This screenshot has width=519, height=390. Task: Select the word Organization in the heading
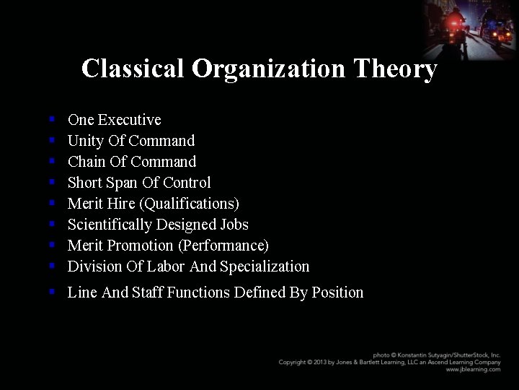(269, 69)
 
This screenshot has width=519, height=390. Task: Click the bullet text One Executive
(114, 120)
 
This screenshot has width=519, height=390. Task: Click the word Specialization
(265, 266)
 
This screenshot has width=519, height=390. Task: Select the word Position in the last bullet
(337, 292)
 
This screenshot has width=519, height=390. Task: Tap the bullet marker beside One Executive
(52, 119)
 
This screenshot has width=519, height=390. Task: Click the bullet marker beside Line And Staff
(52, 292)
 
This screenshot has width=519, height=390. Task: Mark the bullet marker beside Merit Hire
(52, 203)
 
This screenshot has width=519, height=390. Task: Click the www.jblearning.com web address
(473, 369)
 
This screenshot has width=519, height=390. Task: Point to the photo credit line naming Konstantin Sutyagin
(436, 355)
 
